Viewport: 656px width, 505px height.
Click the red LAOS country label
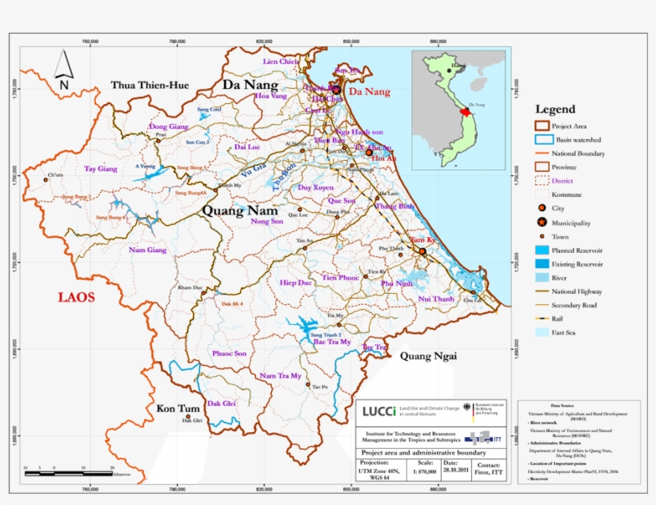(x=76, y=297)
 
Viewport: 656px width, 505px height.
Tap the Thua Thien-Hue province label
(x=150, y=85)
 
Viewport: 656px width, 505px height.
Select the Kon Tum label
(x=177, y=408)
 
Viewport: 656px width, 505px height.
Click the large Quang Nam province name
(x=240, y=210)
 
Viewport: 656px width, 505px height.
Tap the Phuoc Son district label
(x=230, y=353)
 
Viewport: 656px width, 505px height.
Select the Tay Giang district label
(x=101, y=169)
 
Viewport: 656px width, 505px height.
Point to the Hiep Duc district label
(x=295, y=283)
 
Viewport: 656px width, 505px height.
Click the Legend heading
(x=554, y=109)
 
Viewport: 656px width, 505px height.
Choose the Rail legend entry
(x=562, y=318)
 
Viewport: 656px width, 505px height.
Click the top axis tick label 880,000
(x=438, y=41)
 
